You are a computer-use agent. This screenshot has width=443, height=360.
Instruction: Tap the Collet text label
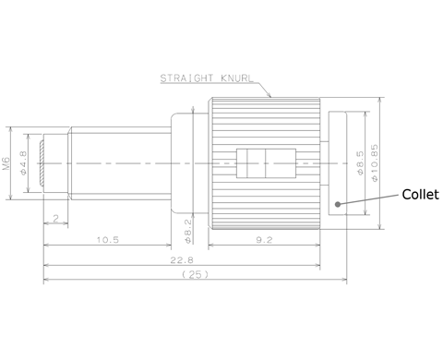point(419,195)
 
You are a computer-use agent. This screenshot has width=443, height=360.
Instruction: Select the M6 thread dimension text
point(8,164)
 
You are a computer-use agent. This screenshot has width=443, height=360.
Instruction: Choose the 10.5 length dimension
point(107,240)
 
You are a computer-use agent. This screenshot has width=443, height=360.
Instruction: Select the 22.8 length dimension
point(190,260)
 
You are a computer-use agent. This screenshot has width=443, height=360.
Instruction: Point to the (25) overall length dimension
point(195,276)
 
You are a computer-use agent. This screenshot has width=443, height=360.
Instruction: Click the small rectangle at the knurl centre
point(259,163)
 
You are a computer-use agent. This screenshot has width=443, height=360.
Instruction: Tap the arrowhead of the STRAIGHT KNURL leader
point(270,95)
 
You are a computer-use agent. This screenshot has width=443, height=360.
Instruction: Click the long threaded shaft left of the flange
point(120,163)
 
